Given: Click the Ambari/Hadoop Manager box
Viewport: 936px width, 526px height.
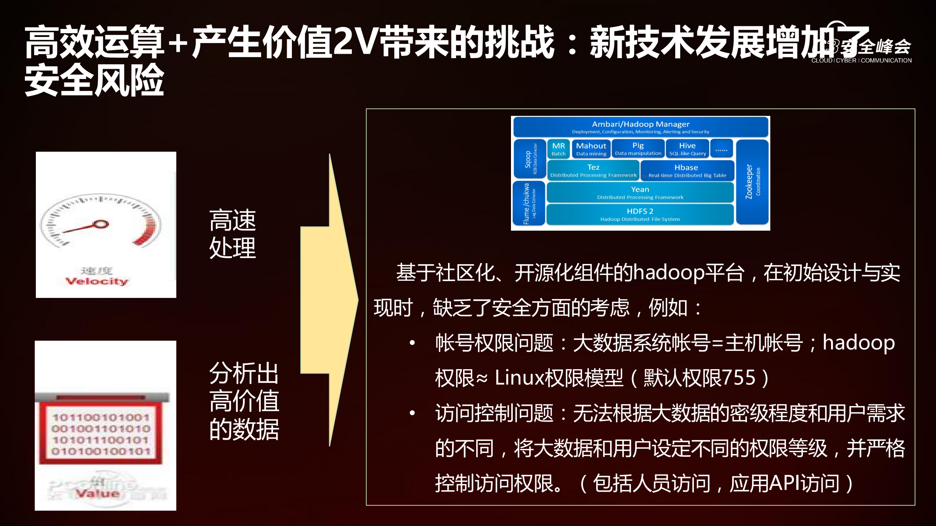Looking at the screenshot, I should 640,127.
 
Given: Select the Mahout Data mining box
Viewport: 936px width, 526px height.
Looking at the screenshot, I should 591,149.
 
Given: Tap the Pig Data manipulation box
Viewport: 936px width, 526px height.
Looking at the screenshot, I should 638,149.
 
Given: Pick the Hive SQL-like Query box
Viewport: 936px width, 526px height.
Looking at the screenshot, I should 687,149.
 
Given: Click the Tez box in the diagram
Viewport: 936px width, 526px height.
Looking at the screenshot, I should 593,170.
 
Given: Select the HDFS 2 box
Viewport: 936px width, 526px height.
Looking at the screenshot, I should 640,215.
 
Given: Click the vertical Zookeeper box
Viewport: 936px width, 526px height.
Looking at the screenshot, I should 752,182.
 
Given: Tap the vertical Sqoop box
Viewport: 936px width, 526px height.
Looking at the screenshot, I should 529,159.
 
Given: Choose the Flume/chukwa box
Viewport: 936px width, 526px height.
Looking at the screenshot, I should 529,204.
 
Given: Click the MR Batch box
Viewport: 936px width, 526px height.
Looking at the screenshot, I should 558,149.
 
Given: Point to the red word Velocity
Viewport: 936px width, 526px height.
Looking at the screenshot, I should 97,281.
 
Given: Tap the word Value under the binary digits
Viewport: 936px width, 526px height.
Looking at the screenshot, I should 97,494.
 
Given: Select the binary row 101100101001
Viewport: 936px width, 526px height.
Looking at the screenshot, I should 101,417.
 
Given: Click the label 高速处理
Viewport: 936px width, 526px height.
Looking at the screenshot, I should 233,234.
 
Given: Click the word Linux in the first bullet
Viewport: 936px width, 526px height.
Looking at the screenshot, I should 519,378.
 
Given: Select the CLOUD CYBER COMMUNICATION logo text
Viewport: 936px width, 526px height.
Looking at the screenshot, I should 861,60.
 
